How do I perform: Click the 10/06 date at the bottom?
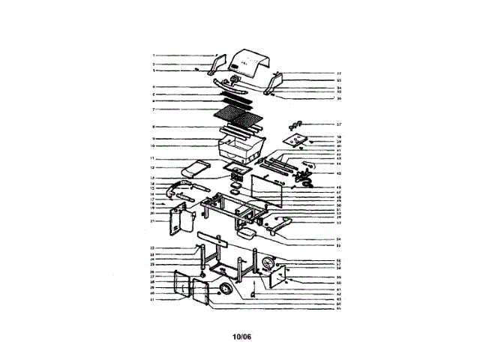pos(241,336)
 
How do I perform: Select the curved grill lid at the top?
pos(250,63)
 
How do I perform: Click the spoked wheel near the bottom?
pos(225,289)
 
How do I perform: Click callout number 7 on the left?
pos(153,109)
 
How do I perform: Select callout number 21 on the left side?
pos(152,221)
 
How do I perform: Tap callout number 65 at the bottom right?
pos(339,308)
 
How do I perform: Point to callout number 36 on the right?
pos(339,98)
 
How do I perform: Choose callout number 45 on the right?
pos(339,172)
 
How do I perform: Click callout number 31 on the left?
pos(152,301)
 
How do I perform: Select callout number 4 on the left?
pos(153,88)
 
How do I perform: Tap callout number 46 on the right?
pos(339,187)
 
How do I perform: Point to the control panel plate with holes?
pos(299,139)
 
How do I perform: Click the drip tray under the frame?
pos(247,233)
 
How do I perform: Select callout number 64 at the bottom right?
pos(339,303)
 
